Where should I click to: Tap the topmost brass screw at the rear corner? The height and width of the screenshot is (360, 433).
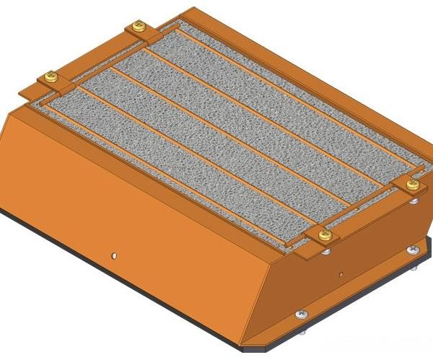(139, 27)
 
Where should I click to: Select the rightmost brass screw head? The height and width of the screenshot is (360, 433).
(413, 185)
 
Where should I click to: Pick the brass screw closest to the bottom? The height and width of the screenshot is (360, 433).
(325, 234)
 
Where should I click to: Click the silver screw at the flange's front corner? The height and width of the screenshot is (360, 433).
(301, 314)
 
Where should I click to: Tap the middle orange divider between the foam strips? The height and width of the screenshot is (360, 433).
(238, 137)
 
